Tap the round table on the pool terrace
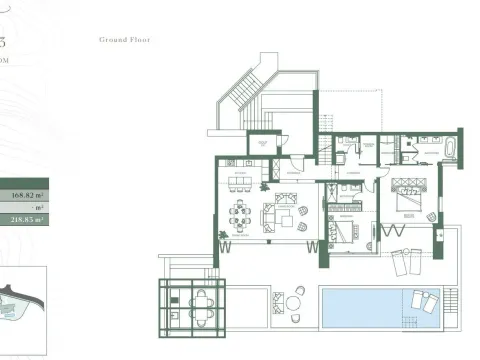[x=296, y=299]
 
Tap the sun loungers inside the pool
[x=421, y=304]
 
